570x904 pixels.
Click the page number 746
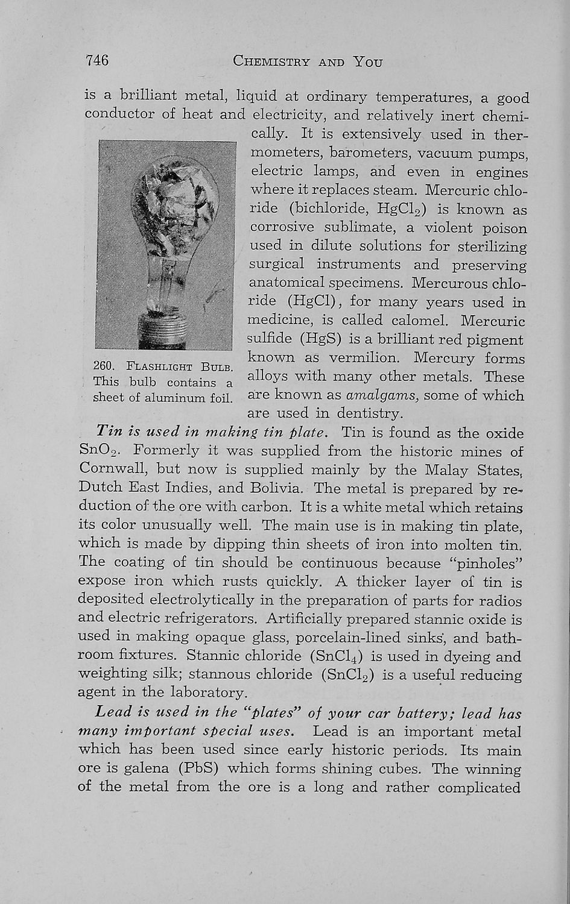[97, 60]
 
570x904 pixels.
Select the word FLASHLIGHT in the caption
[150, 366]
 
